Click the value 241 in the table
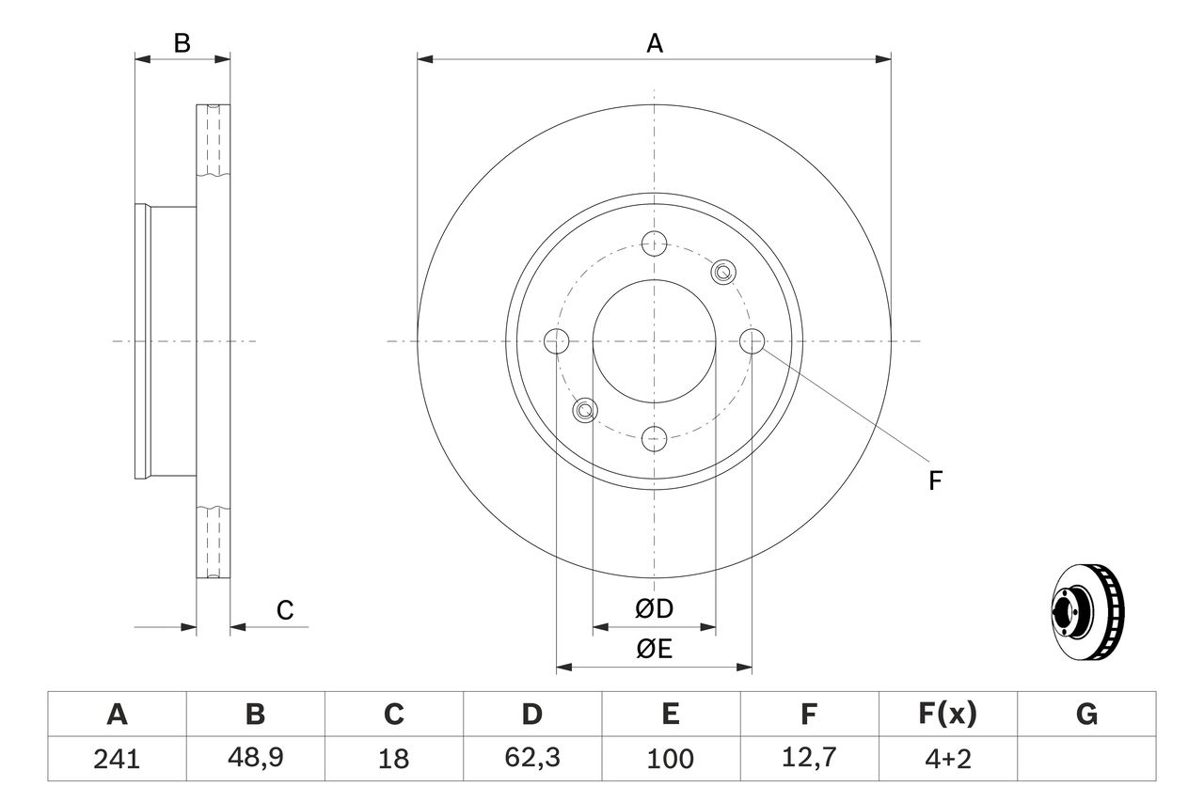[117, 759]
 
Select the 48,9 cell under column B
[255, 759]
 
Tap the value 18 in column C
[393, 759]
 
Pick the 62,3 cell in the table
[531, 759]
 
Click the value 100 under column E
[670, 759]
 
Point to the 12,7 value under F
[808, 759]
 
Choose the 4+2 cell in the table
[946, 759]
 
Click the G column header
[1086, 715]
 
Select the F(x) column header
[946, 715]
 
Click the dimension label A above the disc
[654, 43]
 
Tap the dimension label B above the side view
[182, 43]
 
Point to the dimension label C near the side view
[285, 610]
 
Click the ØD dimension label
[654, 609]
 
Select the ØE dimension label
[654, 650]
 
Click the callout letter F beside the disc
[935, 481]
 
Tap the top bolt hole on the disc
[654, 244]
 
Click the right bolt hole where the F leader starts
[752, 341]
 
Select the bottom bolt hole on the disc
[654, 437]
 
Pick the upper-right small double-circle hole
[722, 273]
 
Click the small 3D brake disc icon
[1087, 611]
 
